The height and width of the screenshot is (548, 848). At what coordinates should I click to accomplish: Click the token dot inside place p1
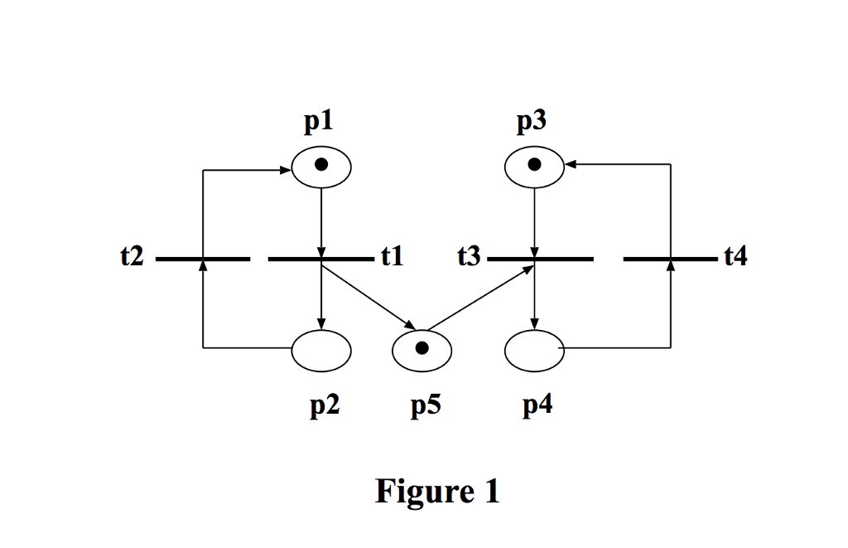click(x=321, y=164)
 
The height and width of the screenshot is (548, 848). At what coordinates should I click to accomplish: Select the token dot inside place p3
click(x=535, y=164)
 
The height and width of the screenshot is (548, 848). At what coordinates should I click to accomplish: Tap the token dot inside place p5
click(x=422, y=348)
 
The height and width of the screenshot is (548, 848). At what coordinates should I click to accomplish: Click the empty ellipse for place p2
click(x=321, y=349)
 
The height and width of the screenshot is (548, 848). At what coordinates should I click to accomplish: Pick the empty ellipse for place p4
click(x=535, y=349)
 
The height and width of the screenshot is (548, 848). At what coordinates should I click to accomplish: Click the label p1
click(x=320, y=122)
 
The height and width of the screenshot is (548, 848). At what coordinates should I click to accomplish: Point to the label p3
click(x=532, y=122)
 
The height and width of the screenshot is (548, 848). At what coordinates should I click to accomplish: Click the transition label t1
click(x=392, y=258)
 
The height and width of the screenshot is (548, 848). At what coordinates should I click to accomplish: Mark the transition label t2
click(x=132, y=258)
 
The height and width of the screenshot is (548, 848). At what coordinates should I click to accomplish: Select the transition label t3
click(x=469, y=258)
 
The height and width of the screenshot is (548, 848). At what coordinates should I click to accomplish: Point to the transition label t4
click(x=735, y=258)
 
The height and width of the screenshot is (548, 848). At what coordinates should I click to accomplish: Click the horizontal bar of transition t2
click(x=203, y=259)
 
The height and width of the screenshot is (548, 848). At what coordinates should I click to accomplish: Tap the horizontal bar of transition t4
click(x=671, y=259)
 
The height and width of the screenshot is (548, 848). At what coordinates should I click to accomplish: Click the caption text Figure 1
click(x=437, y=492)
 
